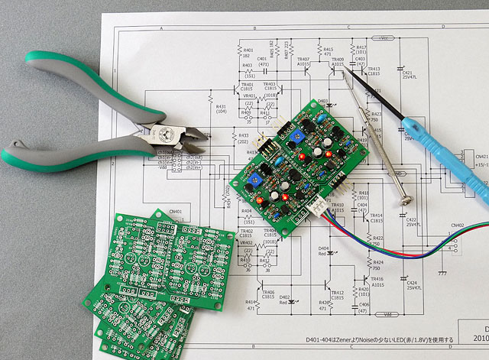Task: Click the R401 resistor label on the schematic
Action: (x=247, y=50)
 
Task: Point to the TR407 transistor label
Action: (x=303, y=59)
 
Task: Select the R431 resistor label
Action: (x=222, y=108)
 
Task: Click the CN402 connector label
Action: (x=457, y=225)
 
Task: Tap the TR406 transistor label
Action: (x=267, y=292)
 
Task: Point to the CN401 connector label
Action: (x=175, y=212)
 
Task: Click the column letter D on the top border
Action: (x=441, y=26)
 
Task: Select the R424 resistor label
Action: (x=377, y=262)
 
